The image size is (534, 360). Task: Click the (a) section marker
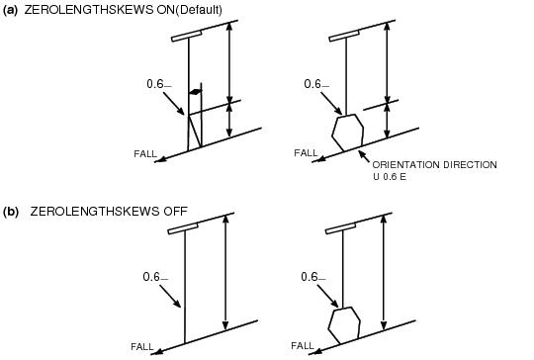coord(12,10)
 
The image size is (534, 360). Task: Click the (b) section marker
coord(12,211)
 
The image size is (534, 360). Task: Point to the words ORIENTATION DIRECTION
coord(434,164)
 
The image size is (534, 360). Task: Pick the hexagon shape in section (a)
coord(347,131)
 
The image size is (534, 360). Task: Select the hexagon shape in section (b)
coord(343,323)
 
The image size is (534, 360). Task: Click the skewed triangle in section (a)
coord(194,130)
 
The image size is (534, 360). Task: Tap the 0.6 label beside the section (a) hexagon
coord(314,84)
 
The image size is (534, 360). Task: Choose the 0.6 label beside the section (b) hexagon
coord(311,275)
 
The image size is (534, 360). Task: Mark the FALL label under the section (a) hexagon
coord(307,153)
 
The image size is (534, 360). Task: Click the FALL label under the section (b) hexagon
coord(303,346)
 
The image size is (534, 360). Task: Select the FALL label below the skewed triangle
coord(145,153)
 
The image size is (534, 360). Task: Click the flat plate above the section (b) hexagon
coord(341,228)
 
